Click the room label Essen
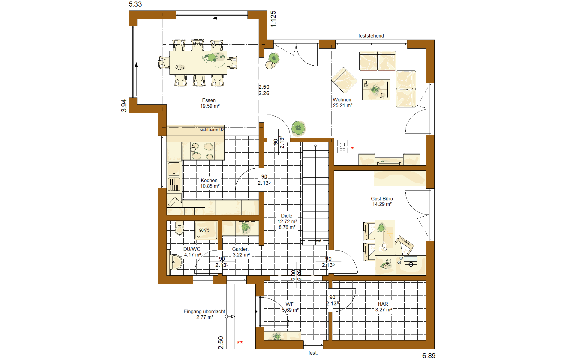(x=209, y=100)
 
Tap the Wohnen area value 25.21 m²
(x=343, y=106)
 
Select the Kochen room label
(x=209, y=181)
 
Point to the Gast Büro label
(x=382, y=199)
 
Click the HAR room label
(x=383, y=304)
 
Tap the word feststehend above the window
(x=371, y=36)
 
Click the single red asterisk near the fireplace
(x=352, y=148)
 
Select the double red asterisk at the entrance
(x=240, y=343)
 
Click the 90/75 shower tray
(x=206, y=230)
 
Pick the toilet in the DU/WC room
(x=179, y=229)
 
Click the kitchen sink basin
(x=174, y=169)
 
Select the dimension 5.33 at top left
(x=135, y=4)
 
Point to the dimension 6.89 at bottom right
(x=429, y=356)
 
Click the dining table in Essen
(x=198, y=63)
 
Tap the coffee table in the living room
(x=376, y=89)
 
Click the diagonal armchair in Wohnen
(x=344, y=80)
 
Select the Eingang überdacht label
(x=204, y=312)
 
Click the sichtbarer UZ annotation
(x=212, y=130)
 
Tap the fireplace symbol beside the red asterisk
(x=342, y=147)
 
